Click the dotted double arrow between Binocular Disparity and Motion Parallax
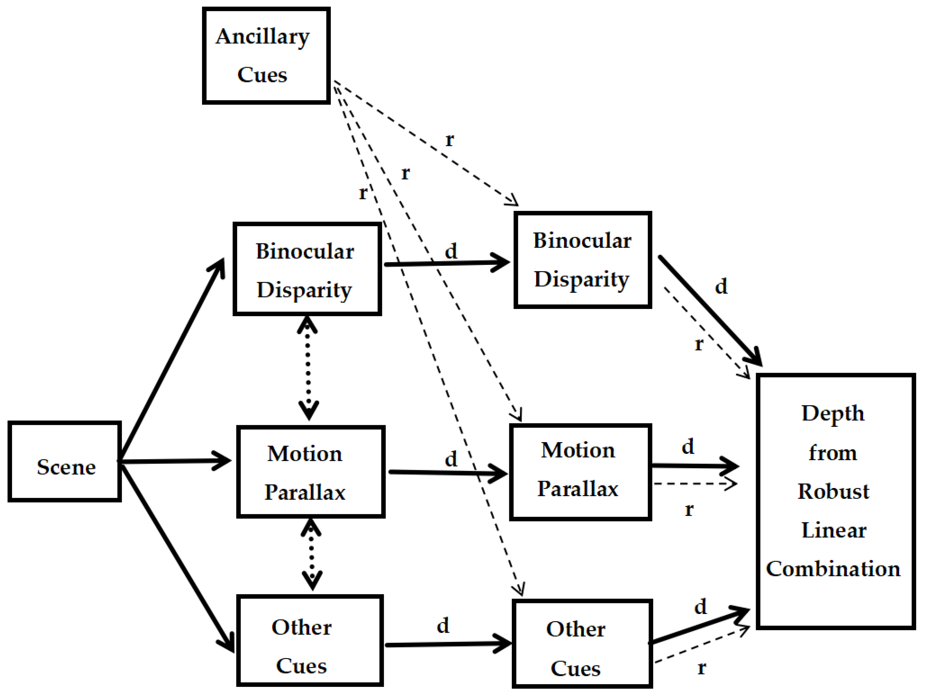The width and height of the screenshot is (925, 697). point(308,368)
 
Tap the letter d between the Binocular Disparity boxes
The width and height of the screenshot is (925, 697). point(451,251)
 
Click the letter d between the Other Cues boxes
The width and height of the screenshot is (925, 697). point(443,626)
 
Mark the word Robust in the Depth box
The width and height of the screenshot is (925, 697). point(834,491)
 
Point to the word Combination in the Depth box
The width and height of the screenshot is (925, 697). point(833,569)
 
